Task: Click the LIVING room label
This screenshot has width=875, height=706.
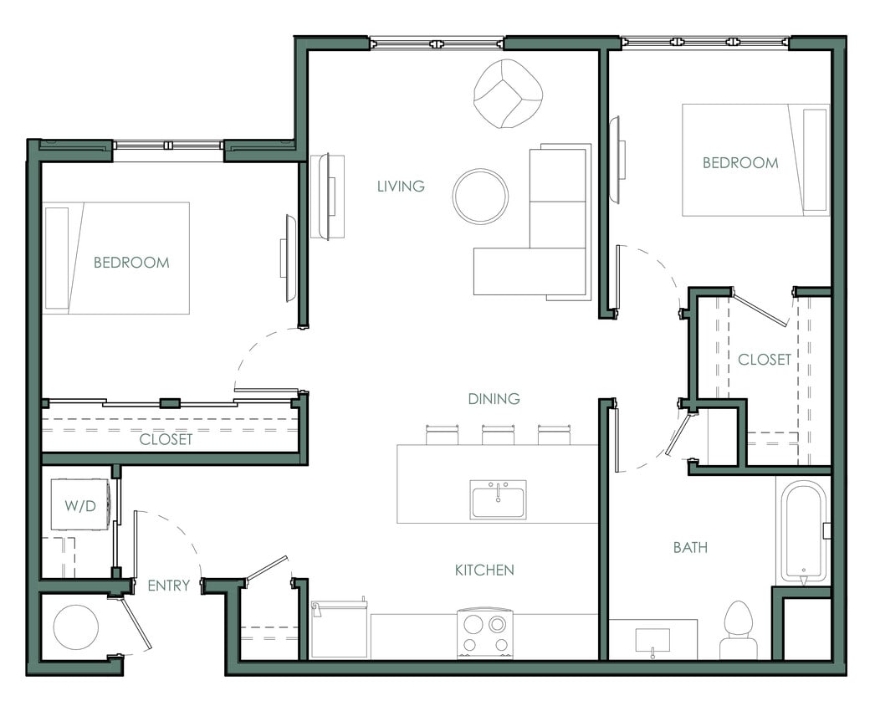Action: (401, 186)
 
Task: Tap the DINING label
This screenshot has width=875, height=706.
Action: (494, 399)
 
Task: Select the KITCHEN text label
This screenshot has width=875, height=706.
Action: (484, 570)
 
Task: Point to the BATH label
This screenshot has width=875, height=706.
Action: (690, 547)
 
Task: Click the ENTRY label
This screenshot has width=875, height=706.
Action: (168, 586)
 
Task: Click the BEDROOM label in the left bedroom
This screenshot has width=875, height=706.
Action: (131, 263)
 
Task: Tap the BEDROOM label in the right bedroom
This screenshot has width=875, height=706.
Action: (739, 162)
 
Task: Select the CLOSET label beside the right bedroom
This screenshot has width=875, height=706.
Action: (765, 359)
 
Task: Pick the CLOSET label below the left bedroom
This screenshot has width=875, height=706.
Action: (166, 439)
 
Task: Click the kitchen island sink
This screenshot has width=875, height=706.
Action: (498, 499)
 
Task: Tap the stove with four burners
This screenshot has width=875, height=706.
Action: (484, 633)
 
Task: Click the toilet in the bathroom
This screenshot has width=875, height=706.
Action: (739, 631)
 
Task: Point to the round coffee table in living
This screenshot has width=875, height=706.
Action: (480, 197)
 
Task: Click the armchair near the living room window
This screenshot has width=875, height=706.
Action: (508, 94)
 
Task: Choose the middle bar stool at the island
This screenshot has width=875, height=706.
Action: (498, 435)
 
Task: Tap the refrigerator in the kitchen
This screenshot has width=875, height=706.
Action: (339, 629)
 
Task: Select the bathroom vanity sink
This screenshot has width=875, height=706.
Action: (652, 641)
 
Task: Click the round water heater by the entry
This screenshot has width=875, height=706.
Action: (76, 627)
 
